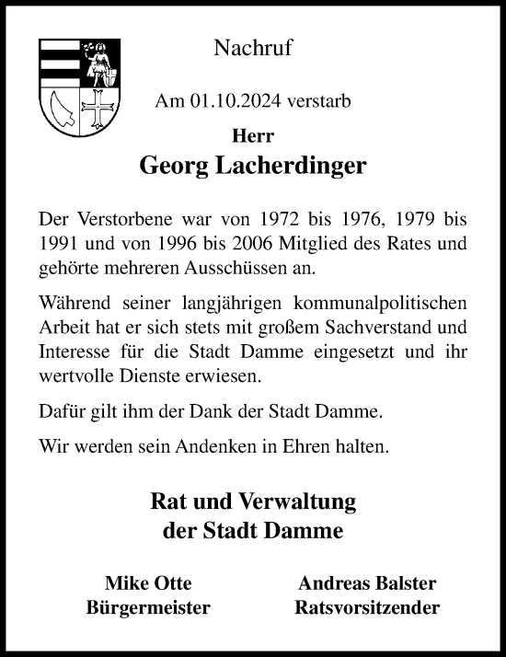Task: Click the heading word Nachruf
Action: (253, 49)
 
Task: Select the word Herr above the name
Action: (253, 135)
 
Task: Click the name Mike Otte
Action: (148, 583)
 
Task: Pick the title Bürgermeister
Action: (148, 608)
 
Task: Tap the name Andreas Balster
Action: (367, 583)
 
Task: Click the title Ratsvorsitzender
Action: (367, 608)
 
